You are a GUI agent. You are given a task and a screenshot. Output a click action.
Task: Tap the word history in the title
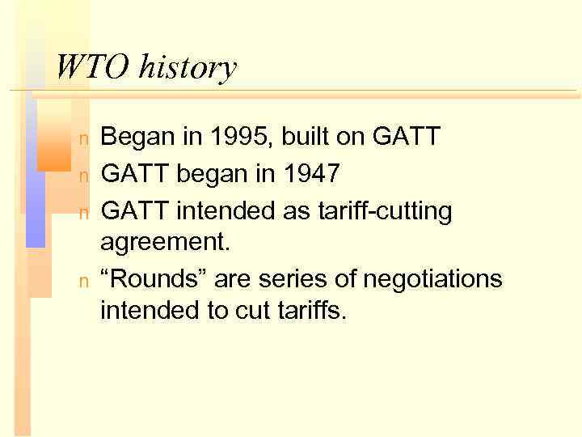coord(187,67)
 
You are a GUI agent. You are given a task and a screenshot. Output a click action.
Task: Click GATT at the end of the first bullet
coord(407,137)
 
